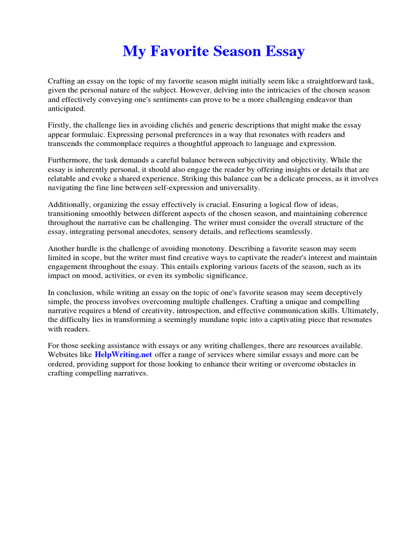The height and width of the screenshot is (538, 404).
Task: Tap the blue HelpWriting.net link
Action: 124,355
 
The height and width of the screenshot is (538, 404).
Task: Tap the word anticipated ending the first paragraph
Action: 66,108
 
